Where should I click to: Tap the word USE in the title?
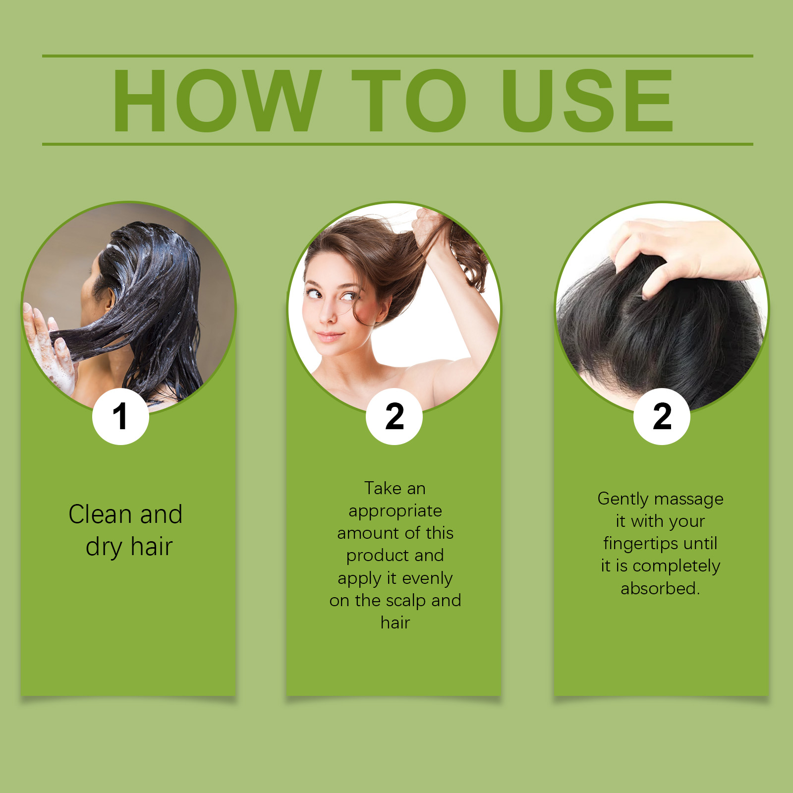[x=588, y=101]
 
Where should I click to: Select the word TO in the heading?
[x=408, y=101]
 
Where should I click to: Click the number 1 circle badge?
[x=120, y=416]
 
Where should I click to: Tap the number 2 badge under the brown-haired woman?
[x=394, y=416]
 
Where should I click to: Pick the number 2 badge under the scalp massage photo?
[x=662, y=416]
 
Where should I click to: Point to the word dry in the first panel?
[x=104, y=548]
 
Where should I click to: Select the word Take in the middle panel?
[x=383, y=488]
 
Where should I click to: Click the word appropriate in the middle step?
[x=395, y=511]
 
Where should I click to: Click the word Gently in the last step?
[x=620, y=499]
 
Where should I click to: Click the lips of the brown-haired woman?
[x=330, y=337]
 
